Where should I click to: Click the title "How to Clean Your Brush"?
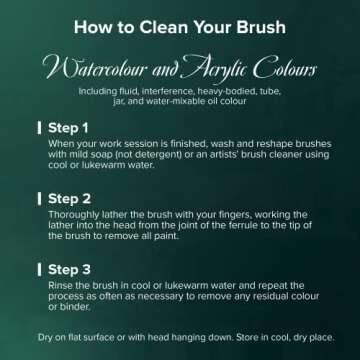(x=180, y=27)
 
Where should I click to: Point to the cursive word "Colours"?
(x=284, y=68)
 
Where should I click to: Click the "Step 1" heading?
(x=68, y=128)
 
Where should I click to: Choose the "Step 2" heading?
(x=69, y=199)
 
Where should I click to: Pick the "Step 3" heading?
(x=69, y=270)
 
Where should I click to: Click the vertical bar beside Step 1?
(x=40, y=128)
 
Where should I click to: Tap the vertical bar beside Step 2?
(x=40, y=199)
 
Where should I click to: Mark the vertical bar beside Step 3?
(x=40, y=270)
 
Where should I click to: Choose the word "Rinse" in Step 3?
(x=58, y=286)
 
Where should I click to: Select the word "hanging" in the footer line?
(x=186, y=338)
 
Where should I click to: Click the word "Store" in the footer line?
(x=247, y=337)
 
